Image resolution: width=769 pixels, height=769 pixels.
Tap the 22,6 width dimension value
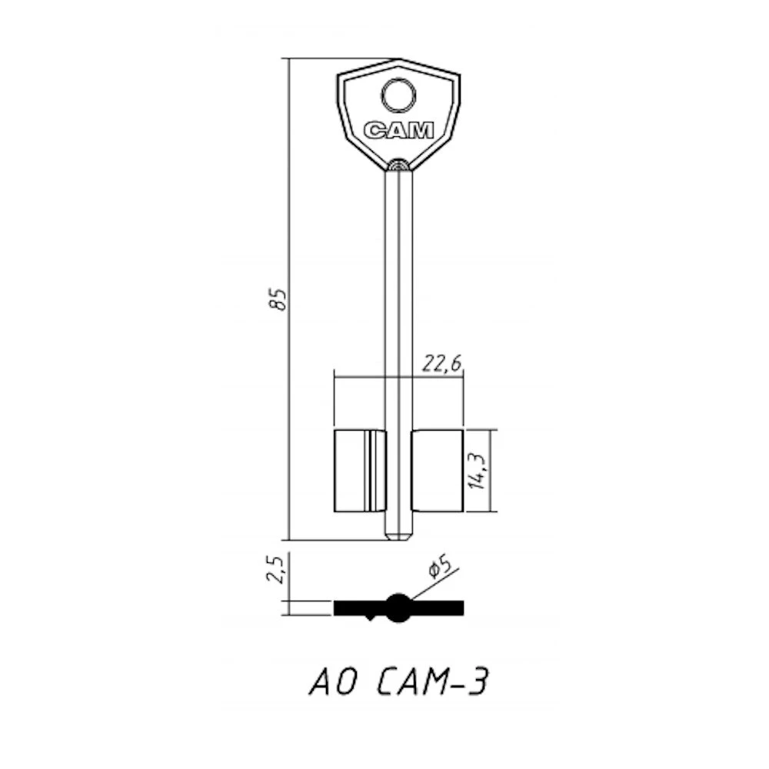(442, 364)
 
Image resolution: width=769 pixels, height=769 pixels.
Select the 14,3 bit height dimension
(477, 471)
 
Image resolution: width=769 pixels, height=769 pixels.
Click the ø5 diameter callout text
(439, 568)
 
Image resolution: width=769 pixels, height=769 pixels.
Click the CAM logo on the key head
(398, 131)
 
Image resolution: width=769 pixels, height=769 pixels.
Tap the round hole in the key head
(398, 95)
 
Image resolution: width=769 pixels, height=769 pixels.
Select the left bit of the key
(360, 471)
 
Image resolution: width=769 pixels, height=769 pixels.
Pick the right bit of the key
(437, 471)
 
